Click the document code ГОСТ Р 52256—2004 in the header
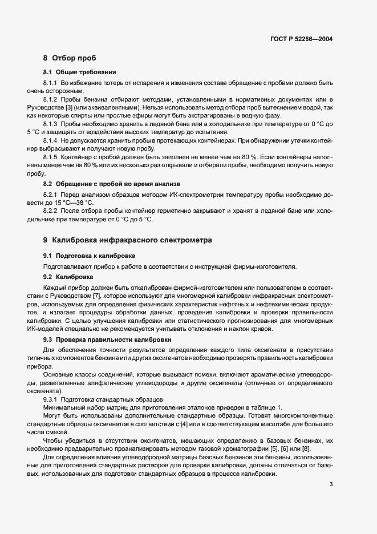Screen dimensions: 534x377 302,39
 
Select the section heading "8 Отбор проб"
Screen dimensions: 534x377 70,58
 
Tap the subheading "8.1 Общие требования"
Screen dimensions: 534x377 80,72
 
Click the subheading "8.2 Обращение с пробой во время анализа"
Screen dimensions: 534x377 111,184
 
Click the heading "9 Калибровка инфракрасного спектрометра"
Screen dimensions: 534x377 123,241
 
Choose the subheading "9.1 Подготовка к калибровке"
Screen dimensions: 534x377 89,255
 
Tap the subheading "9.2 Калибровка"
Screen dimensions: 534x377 68,277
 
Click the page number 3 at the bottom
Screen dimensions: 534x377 331,486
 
